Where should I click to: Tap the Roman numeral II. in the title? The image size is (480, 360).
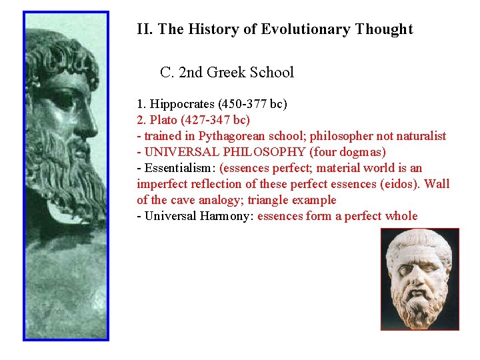tap(145, 29)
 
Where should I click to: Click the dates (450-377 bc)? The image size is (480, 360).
tap(254, 104)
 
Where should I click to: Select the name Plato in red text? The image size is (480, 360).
tap(163, 120)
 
